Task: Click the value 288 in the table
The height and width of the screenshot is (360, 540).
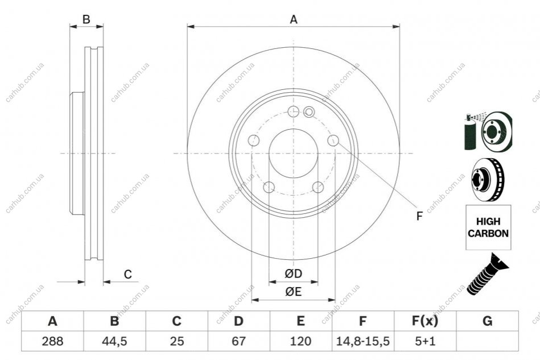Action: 52,341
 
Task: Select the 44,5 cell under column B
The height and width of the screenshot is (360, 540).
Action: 114,341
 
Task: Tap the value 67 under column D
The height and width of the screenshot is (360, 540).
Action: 238,341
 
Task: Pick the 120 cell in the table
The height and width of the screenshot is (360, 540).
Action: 300,341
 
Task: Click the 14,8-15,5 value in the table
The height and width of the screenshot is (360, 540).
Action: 362,341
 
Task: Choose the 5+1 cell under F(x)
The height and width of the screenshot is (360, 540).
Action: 425,341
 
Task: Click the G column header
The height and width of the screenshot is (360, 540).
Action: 487,321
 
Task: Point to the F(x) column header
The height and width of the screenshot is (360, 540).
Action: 425,321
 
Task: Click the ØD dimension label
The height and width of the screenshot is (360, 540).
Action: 294,274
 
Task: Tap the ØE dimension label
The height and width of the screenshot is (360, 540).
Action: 294,292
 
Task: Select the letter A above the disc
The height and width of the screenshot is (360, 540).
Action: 294,19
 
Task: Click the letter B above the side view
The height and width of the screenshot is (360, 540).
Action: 86,19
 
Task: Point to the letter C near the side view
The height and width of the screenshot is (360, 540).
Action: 128,274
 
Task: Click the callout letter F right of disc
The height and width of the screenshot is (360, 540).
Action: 419,216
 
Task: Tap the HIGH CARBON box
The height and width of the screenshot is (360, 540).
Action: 488,227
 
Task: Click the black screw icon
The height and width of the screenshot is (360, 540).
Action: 487,274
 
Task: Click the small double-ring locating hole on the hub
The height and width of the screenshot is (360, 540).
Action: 309,111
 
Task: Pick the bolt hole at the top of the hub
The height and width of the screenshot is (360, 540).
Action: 293,111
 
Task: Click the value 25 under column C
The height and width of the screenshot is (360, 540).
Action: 176,341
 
